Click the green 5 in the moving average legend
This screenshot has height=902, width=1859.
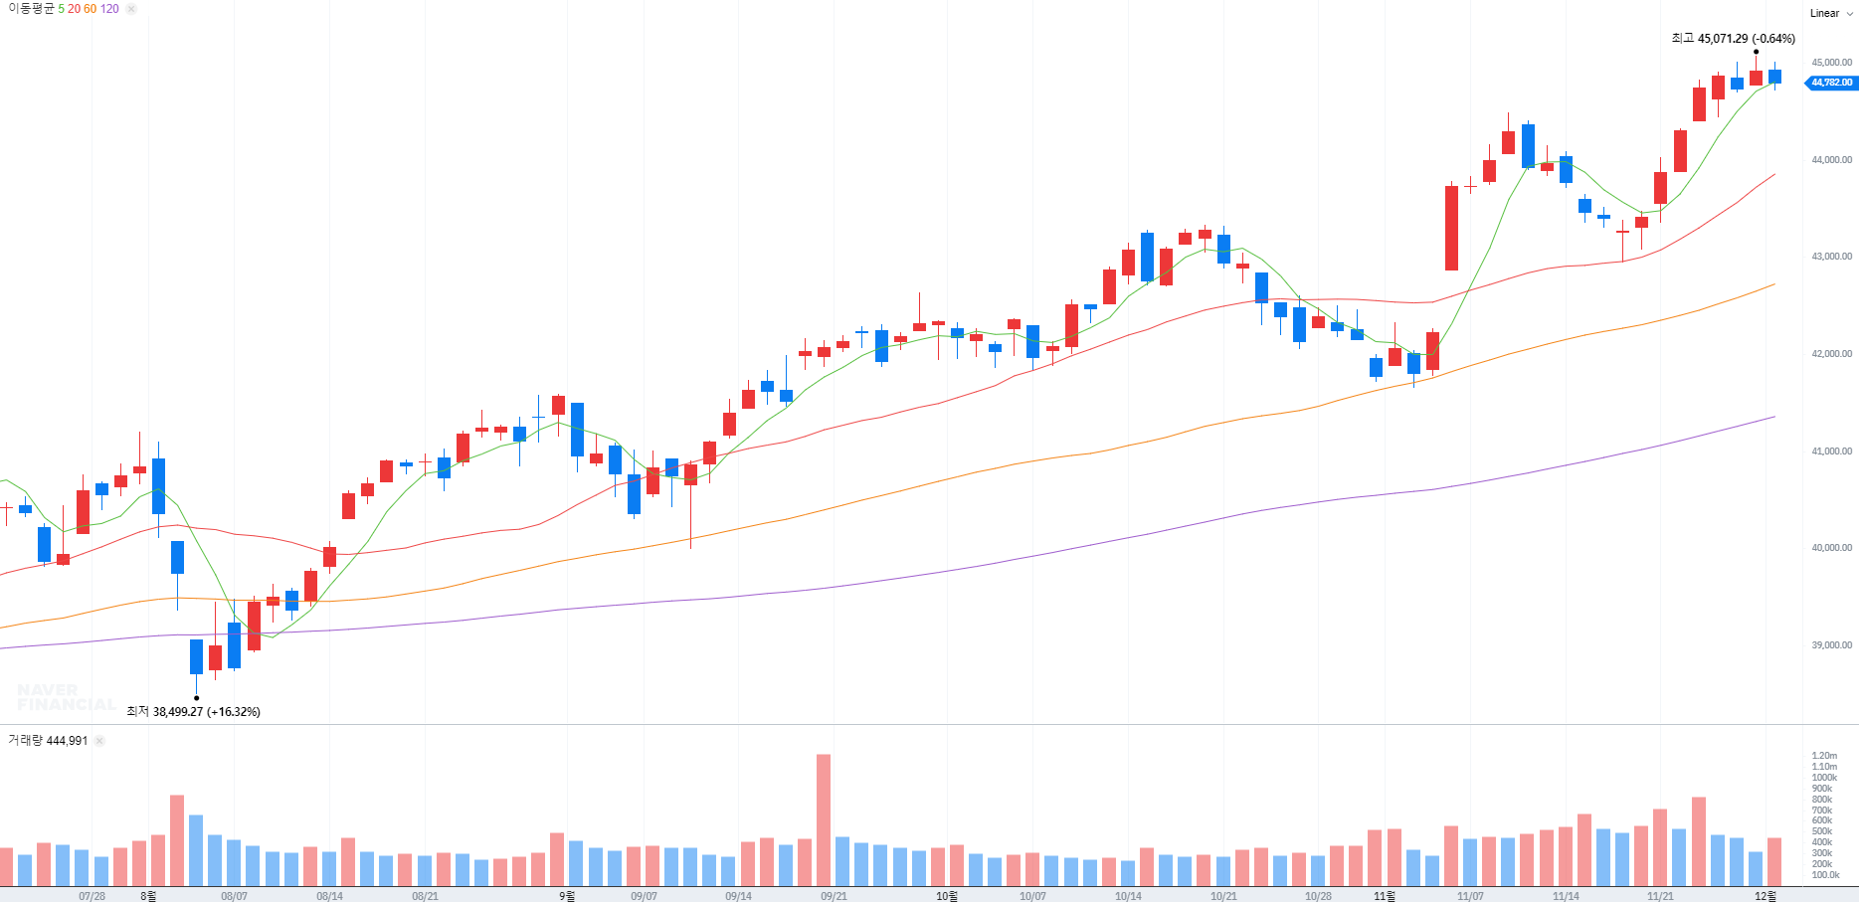(61, 9)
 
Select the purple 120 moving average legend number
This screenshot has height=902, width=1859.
(109, 9)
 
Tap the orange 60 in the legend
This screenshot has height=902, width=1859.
(91, 9)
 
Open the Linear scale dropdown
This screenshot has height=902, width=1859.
(1830, 14)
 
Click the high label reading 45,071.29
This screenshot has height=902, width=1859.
(1733, 39)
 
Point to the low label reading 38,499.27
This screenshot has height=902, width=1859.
(193, 712)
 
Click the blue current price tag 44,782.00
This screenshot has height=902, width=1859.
(1831, 83)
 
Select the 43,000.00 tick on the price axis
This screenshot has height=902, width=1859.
(1831, 257)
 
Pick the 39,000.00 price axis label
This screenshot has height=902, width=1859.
(1831, 645)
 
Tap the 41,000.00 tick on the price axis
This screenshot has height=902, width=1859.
(1831, 451)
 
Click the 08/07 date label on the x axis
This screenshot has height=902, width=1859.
(234, 896)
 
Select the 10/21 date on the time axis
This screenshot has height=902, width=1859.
(1223, 896)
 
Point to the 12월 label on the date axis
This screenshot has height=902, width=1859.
(1765, 896)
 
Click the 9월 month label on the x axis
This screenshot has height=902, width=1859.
(566, 896)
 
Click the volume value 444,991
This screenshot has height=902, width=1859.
(67, 741)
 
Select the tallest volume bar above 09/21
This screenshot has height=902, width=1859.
(824, 819)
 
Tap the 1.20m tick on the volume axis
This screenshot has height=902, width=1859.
(1824, 756)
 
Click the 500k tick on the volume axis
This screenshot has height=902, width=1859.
(1822, 831)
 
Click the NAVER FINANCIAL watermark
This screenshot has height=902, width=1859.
(66, 697)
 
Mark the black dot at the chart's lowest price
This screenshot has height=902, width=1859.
(196, 698)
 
